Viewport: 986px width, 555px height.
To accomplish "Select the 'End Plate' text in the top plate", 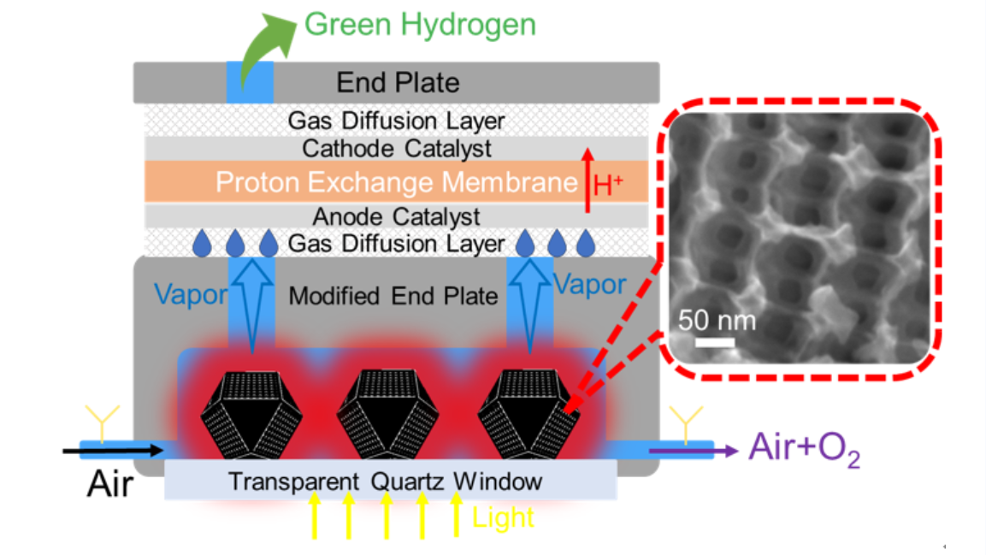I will tap(398, 82).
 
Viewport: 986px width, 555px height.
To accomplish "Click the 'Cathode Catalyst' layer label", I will tap(398, 148).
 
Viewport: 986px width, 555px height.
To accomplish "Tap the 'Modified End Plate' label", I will tap(393, 297).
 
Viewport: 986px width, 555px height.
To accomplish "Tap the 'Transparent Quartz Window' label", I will tap(385, 481).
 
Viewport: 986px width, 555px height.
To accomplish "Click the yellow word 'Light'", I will tap(503, 517).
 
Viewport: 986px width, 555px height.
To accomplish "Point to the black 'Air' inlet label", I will tap(110, 486).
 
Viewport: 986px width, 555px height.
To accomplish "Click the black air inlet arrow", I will tap(112, 449).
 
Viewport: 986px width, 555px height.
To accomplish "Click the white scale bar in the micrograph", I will tap(716, 342).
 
